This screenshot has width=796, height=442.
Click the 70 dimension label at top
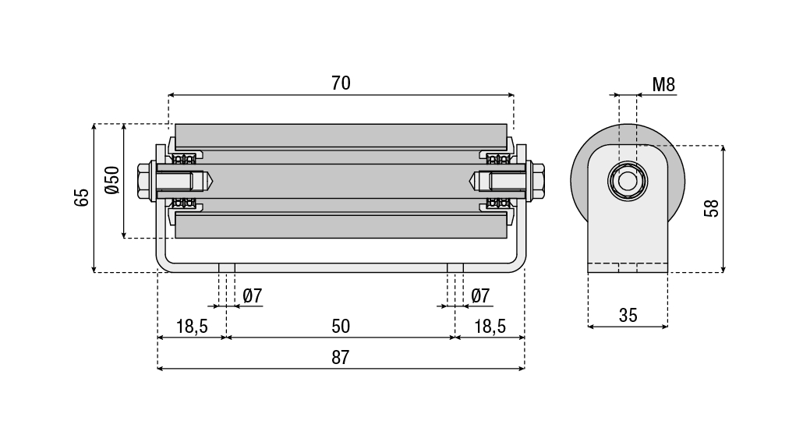341,83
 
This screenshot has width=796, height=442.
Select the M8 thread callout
663,85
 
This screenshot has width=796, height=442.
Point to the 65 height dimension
82,197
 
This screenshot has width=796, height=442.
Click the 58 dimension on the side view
710,208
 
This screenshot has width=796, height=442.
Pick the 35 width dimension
628,315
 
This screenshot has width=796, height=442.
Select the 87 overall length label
341,358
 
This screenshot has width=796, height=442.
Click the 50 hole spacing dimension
341,326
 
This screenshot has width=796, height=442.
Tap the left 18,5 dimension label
192,326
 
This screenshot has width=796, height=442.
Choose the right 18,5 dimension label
490,326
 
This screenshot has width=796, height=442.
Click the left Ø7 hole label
253,296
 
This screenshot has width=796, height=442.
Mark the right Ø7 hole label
480,296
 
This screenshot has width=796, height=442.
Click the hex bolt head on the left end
144,181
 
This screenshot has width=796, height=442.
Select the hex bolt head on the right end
537,181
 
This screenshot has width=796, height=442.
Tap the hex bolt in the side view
628,182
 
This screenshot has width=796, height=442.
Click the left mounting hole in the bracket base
227,267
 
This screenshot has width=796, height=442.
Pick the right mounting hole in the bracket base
455,267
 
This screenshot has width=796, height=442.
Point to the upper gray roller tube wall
341,135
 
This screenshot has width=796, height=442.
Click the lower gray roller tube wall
341,226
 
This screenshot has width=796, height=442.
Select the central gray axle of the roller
341,181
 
